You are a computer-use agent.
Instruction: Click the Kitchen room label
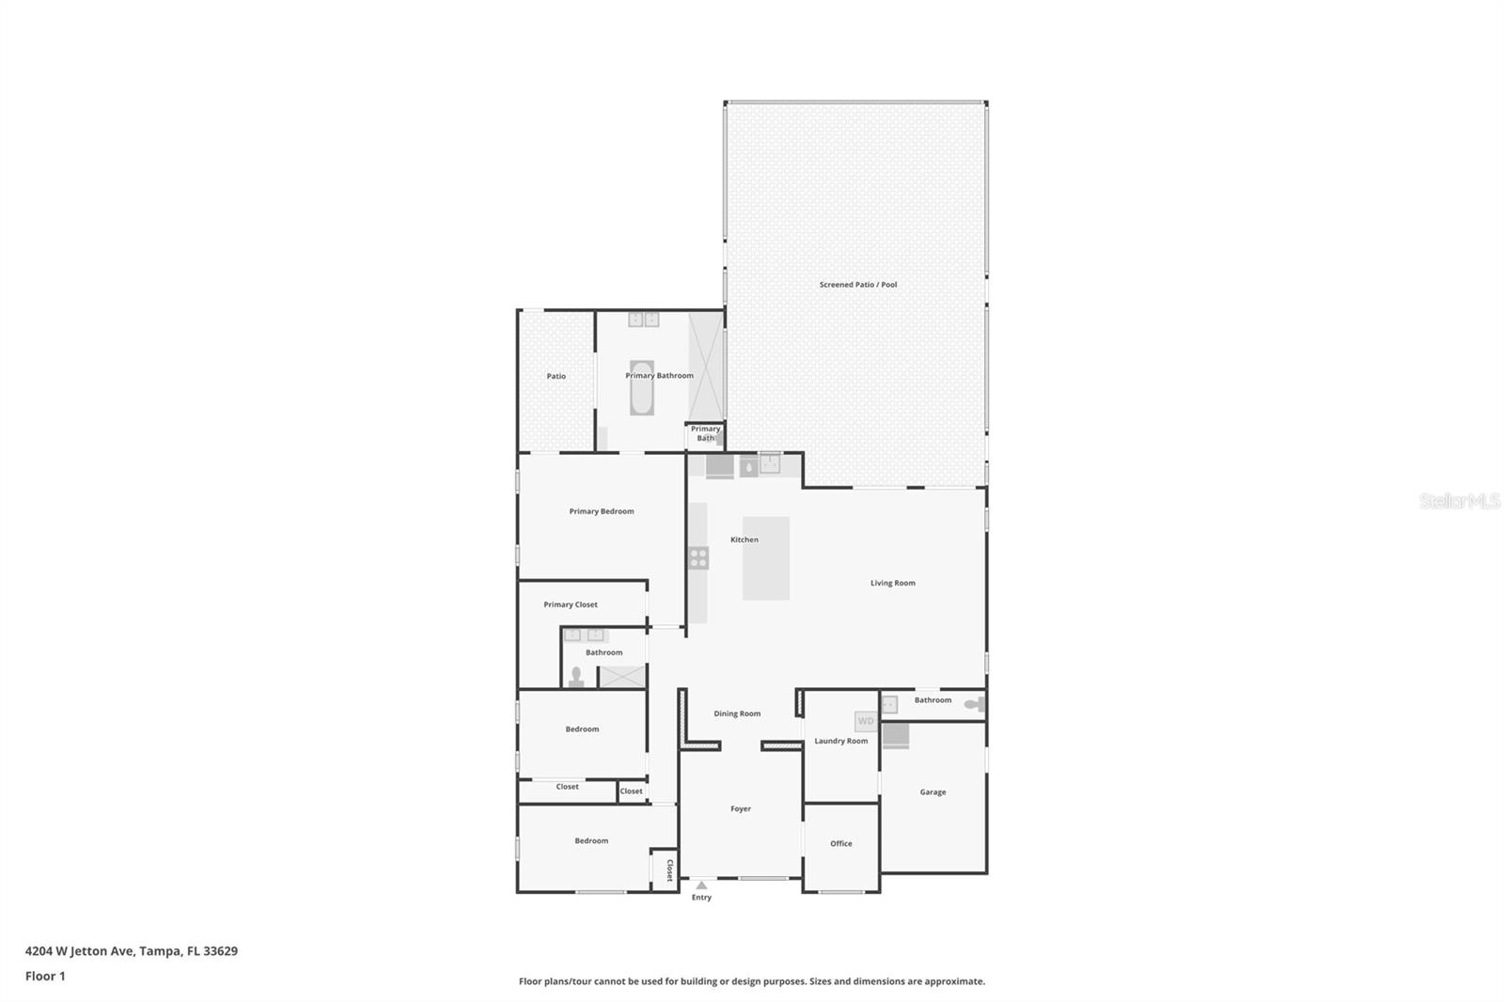coord(744,540)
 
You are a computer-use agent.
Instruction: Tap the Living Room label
coord(892,583)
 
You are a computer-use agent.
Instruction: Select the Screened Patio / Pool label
coord(857,285)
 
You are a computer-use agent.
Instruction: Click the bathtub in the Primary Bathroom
coord(641,388)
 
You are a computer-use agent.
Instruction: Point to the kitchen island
coord(765,558)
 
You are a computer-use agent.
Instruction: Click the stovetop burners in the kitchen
coord(698,557)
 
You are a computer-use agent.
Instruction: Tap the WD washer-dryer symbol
coord(866,721)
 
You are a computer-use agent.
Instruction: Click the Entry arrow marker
coord(701,885)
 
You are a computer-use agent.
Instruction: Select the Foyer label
coord(741,808)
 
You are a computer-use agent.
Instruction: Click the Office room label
coord(840,843)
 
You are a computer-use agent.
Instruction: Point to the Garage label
coord(932,791)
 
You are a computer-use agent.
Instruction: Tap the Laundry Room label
coord(840,741)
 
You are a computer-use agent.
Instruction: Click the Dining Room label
coord(737,713)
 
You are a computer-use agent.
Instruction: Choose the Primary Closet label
coord(571,604)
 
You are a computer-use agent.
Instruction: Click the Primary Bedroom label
coord(602,511)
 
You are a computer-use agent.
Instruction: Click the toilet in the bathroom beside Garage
coord(974,703)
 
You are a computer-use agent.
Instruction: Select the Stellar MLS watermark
coord(1459,501)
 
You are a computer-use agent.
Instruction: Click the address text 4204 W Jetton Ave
coord(132,950)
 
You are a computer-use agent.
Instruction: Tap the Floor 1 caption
coord(45,976)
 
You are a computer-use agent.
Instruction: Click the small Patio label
coord(556,376)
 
